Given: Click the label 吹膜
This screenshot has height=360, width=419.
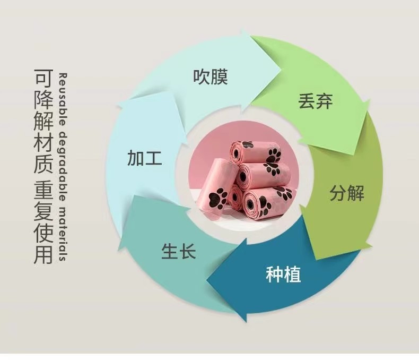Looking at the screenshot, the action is click(x=210, y=77).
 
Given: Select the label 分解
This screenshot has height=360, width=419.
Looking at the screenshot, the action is click(x=347, y=193).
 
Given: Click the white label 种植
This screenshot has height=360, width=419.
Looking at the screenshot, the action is click(x=283, y=275).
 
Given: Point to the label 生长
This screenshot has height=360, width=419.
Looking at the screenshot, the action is click(x=179, y=251).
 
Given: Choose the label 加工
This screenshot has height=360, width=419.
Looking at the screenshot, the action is click(x=144, y=158).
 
